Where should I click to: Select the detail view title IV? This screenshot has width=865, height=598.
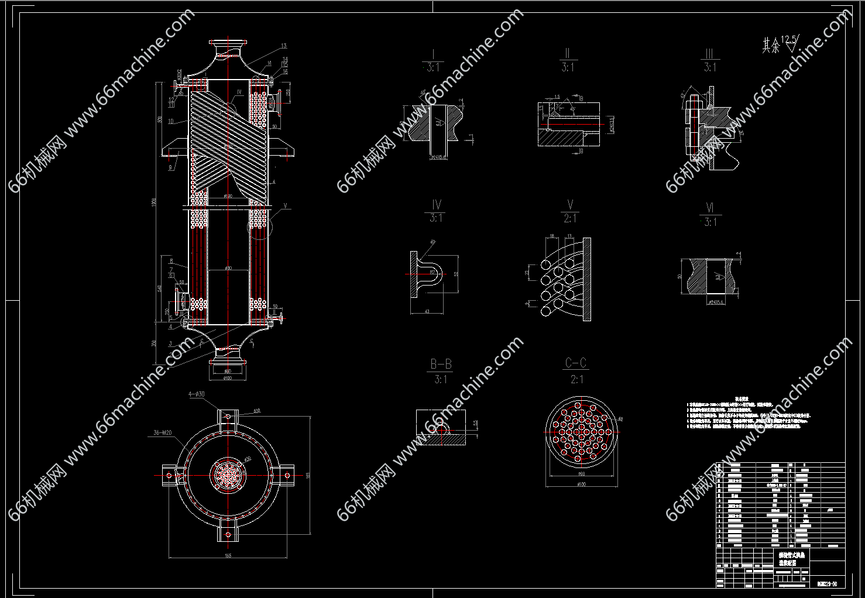436,205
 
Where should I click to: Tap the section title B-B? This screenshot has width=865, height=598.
441,364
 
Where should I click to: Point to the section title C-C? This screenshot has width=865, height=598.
576,363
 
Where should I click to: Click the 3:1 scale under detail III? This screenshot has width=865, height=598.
709,68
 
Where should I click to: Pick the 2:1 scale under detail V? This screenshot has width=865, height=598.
569,219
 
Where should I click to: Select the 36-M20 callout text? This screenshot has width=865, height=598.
162,433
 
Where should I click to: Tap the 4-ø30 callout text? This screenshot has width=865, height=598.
196,395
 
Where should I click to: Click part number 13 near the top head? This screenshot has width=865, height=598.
284,46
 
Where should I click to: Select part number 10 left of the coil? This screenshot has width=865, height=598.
170,122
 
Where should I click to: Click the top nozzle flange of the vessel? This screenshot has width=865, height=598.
227,44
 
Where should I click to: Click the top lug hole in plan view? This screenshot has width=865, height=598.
228,417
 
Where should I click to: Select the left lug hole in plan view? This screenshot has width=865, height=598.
169,474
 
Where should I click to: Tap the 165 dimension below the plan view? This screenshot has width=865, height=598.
228,555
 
